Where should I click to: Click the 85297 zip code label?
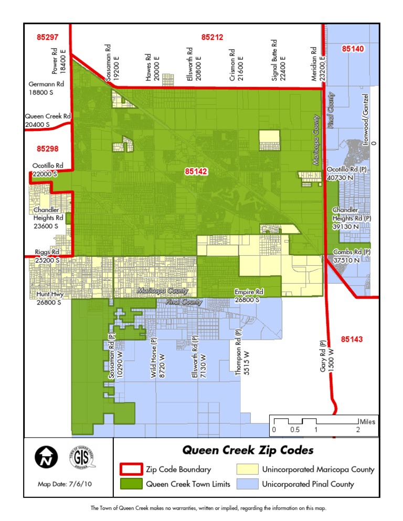pyautogui.click(x=48, y=37)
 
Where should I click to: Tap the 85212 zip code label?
pyautogui.click(x=212, y=37)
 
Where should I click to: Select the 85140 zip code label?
pyautogui.click(x=353, y=48)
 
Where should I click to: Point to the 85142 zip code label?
pyautogui.click(x=196, y=171)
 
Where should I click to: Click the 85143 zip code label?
pyautogui.click(x=351, y=339)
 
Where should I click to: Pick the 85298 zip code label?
pyautogui.click(x=48, y=149)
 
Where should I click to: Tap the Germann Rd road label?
pyautogui.click(x=46, y=84)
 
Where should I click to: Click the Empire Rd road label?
pyautogui.click(x=248, y=292)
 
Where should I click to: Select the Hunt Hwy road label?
pyautogui.click(x=49, y=295)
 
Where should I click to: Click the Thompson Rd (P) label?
pyautogui.click(x=239, y=352)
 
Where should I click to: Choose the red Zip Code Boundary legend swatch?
pyautogui.click(x=131, y=469)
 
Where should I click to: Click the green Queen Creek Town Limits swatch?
pyautogui.click(x=131, y=484)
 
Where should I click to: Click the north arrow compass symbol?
pyautogui.click(x=46, y=458)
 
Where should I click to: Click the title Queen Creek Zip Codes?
pyautogui.click(x=248, y=450)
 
